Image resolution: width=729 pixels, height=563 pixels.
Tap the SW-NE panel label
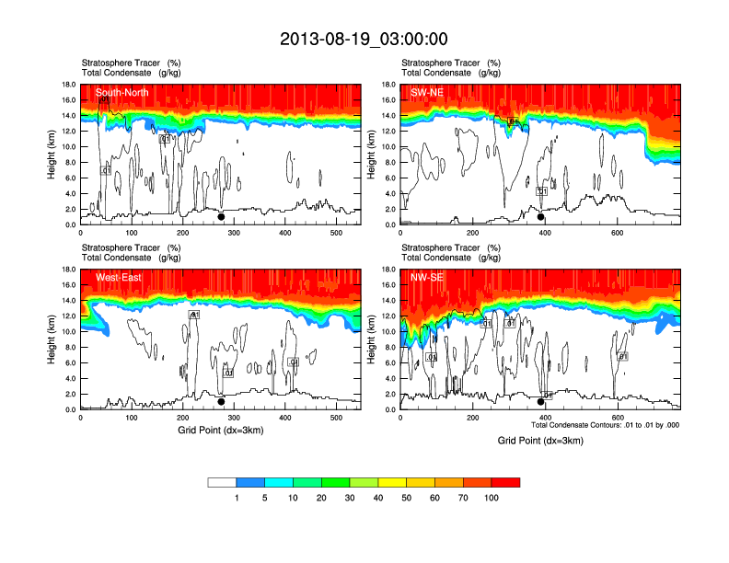click(426, 92)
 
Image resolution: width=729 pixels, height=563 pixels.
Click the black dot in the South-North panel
click(221, 217)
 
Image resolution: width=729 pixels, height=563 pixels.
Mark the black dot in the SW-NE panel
click(541, 217)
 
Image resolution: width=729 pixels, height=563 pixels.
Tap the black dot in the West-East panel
click(221, 402)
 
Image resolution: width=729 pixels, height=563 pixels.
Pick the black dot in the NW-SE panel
click(541, 402)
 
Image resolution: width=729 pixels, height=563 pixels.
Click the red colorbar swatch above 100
click(506, 482)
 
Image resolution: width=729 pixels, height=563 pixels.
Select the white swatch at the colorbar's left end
click(223, 482)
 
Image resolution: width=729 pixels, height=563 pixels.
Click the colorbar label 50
click(407, 498)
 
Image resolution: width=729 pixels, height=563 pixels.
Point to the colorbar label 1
click(237, 498)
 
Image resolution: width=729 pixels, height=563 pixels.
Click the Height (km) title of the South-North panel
click(53, 155)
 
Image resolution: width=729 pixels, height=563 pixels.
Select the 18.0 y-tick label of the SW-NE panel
click(388, 85)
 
